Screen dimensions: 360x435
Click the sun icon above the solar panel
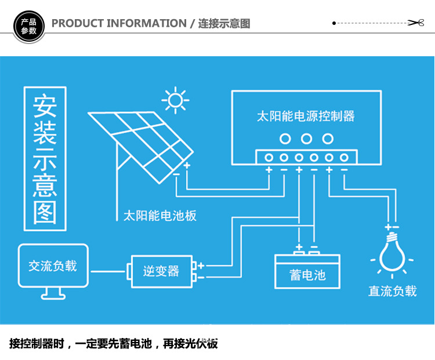click(x=175, y=100)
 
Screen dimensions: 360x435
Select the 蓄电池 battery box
click(x=307, y=273)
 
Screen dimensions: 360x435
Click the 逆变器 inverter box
click(x=161, y=271)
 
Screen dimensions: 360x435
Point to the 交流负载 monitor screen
click(x=52, y=266)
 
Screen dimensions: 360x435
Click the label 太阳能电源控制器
click(x=306, y=116)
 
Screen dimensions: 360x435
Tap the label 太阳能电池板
click(x=159, y=216)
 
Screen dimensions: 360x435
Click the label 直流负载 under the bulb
click(x=393, y=291)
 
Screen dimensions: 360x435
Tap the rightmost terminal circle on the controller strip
click(x=344, y=157)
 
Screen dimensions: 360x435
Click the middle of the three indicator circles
click(x=306, y=139)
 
